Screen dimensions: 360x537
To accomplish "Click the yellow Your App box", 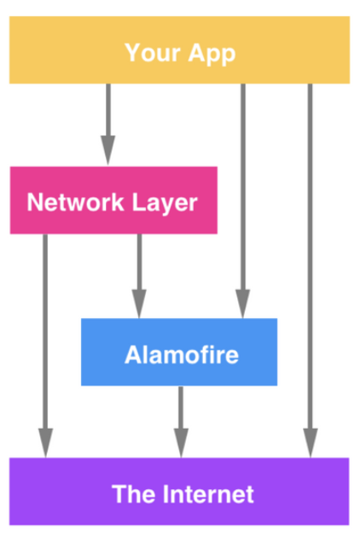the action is (x=179, y=50).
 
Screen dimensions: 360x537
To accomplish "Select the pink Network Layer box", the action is (x=113, y=200).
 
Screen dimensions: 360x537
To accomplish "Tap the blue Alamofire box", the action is (x=179, y=352).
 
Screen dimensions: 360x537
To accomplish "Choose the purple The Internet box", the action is (x=179, y=492).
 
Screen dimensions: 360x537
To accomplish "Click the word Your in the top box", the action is (x=153, y=53).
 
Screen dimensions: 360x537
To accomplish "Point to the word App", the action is (x=212, y=54).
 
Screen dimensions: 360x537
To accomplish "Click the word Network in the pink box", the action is (x=75, y=202).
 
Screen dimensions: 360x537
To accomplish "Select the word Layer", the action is (x=165, y=204).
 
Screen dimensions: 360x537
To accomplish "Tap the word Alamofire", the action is (x=182, y=355).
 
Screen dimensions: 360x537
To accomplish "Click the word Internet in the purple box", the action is (x=208, y=494).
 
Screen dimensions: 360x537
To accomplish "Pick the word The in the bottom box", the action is (x=134, y=494).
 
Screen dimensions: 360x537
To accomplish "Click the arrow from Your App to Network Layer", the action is (x=108, y=125).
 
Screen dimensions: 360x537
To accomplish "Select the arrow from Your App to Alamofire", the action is (x=243, y=201).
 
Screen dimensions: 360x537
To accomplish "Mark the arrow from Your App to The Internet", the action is (x=310, y=270).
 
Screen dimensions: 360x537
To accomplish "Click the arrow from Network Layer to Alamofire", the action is (x=139, y=276).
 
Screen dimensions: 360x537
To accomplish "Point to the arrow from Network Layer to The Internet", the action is (x=45, y=346).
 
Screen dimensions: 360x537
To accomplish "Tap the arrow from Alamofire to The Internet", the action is (x=181, y=422).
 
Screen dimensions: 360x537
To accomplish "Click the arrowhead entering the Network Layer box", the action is (x=108, y=151).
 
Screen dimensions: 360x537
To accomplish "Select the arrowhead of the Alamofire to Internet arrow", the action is (x=181, y=443).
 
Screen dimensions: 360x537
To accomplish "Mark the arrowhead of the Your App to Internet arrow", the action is (x=310, y=443).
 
